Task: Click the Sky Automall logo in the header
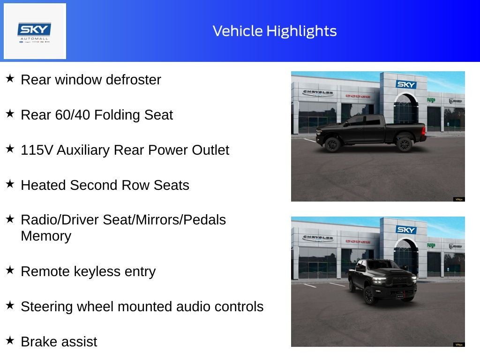[x=34, y=32]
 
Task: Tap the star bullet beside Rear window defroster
[x=10, y=78]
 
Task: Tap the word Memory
[x=46, y=236]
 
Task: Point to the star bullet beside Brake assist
[x=10, y=340]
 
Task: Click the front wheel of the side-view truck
[x=333, y=144]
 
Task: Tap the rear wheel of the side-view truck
[x=404, y=144]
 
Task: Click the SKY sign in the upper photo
[x=406, y=84]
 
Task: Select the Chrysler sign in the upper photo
[x=318, y=92]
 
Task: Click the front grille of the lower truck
[x=400, y=280]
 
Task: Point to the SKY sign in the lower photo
[x=406, y=230]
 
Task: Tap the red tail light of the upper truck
[x=424, y=131]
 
